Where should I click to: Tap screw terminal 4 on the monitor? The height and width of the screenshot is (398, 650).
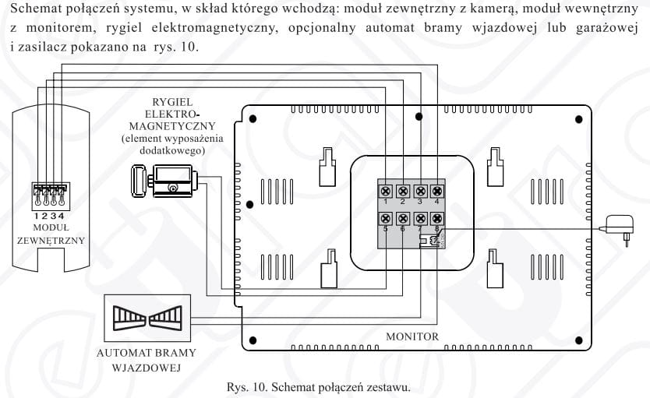tap(437, 191)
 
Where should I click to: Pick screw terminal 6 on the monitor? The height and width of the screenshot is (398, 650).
tap(403, 219)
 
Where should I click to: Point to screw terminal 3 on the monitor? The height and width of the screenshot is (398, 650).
tap(420, 191)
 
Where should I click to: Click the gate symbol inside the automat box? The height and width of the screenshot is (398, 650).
tap(147, 317)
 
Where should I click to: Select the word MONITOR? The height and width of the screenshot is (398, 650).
tap(412, 336)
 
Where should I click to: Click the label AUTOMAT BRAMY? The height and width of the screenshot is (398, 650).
tap(147, 353)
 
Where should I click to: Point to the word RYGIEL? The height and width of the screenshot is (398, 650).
tap(172, 102)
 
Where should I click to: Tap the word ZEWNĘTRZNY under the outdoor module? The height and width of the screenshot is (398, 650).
tap(51, 240)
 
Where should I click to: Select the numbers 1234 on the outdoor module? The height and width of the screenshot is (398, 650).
tap(48, 215)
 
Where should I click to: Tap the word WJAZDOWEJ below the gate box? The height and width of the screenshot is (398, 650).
tap(147, 366)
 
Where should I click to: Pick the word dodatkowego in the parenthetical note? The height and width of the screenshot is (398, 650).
tap(172, 150)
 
